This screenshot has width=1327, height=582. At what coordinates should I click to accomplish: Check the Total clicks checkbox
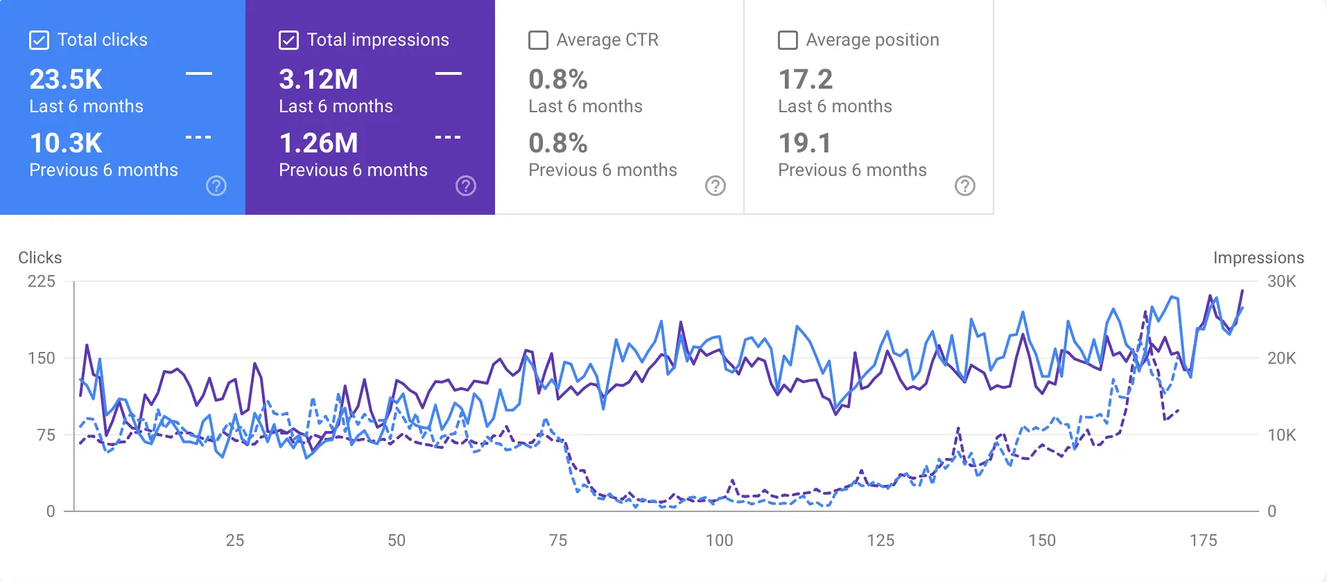40,40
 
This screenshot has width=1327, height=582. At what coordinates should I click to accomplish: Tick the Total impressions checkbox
288,40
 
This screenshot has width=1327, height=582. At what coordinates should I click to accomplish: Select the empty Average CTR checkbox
538,40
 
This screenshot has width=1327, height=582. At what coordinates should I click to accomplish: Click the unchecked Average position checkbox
788,40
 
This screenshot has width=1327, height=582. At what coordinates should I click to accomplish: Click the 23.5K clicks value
66,80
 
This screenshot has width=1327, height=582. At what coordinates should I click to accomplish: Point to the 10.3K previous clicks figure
66,143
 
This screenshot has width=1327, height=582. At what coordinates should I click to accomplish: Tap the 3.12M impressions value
318,80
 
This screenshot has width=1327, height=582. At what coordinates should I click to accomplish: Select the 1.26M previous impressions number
318,143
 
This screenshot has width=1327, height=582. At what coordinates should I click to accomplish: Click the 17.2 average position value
805,80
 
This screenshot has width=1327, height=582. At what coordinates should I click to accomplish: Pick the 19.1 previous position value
804,143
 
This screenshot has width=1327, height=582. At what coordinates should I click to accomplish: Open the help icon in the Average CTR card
715,186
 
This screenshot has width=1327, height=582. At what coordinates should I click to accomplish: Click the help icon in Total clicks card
216,186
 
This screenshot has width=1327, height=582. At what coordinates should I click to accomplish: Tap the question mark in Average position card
964,186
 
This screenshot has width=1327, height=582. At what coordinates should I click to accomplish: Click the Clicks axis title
40,258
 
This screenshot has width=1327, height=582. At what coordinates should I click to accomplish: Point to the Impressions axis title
1258,258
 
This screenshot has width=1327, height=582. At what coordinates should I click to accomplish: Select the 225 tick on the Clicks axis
42,281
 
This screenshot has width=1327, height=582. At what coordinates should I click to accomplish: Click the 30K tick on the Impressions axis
1281,281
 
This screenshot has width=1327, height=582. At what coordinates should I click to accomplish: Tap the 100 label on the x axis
719,540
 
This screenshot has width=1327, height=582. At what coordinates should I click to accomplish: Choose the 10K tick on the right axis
1281,435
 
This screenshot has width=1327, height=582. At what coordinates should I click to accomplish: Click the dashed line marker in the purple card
448,137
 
